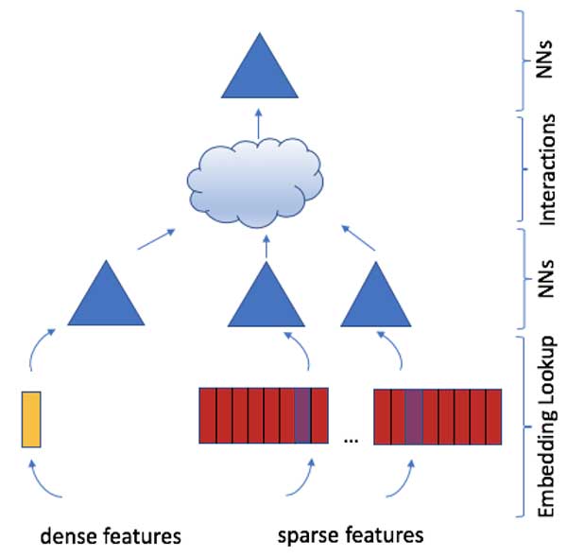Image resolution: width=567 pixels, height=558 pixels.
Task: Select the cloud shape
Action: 255,184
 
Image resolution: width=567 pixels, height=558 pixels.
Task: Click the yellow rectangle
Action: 32,417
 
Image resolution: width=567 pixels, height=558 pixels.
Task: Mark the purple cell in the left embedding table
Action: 301,415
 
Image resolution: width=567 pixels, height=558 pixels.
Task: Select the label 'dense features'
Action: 110,536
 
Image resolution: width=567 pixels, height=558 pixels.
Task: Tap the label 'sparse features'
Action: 351,536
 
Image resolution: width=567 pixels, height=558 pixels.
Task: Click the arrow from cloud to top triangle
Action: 259,122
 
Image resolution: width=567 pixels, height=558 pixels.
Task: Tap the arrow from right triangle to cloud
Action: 359,237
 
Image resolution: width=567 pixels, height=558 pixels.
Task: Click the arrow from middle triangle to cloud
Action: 266,245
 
